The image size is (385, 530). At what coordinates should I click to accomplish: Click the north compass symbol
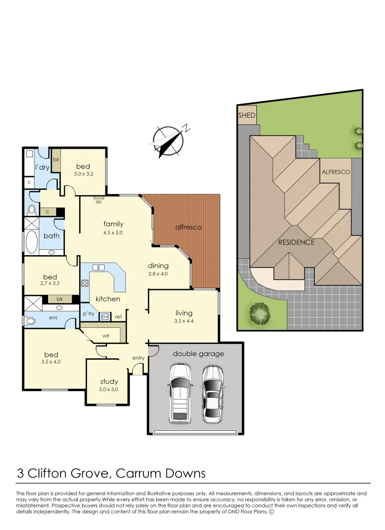(x=168, y=140)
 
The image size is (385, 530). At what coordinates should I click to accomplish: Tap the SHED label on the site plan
(x=247, y=115)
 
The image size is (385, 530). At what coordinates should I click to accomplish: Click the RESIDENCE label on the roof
(x=296, y=242)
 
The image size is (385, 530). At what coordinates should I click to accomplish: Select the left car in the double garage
(x=180, y=394)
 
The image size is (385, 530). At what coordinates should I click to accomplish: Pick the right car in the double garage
(x=213, y=394)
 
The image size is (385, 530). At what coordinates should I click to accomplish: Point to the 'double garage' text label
(x=198, y=353)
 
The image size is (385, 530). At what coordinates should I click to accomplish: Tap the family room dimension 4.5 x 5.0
(x=113, y=233)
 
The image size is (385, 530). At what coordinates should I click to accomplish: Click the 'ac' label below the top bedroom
(x=99, y=201)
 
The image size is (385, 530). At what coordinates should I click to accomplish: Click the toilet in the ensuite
(x=29, y=321)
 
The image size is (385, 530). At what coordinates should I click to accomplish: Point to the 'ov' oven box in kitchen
(x=105, y=317)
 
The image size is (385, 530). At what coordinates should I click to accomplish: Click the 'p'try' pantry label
(x=88, y=314)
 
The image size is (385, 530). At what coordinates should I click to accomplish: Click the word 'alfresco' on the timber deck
(x=189, y=227)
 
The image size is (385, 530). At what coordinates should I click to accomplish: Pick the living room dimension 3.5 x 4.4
(x=184, y=321)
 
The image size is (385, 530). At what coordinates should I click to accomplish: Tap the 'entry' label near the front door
(x=138, y=358)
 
